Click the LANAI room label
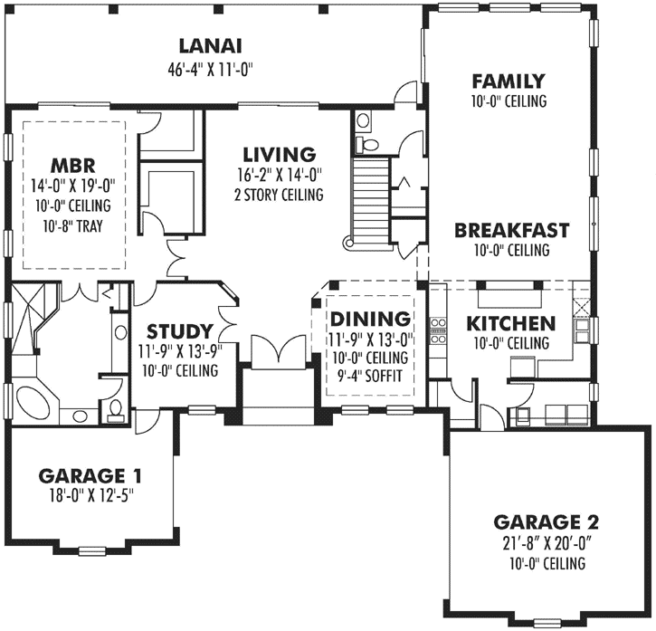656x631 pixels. point(209,45)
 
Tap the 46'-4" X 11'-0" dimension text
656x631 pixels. point(209,68)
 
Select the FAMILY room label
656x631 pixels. point(508,81)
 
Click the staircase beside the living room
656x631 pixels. point(369,196)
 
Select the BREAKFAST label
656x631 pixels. point(511,230)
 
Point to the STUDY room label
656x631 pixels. point(179,330)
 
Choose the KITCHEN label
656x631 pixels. point(509,323)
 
